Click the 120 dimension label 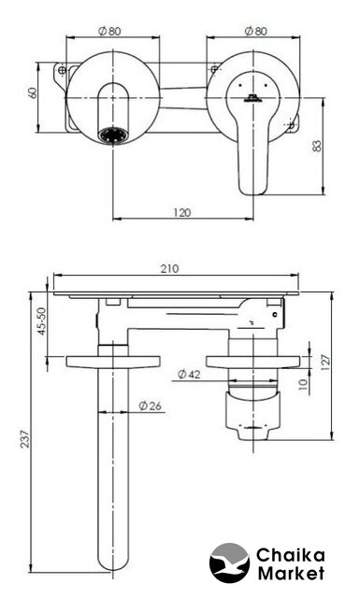point(181,212)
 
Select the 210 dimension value point(169,269)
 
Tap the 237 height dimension point(24,439)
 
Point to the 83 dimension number point(317,146)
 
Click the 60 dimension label point(33,93)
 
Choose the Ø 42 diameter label point(189,374)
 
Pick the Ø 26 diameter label point(150,406)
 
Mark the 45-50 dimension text point(41,321)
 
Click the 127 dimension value point(325,363)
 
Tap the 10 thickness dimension point(303,384)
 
